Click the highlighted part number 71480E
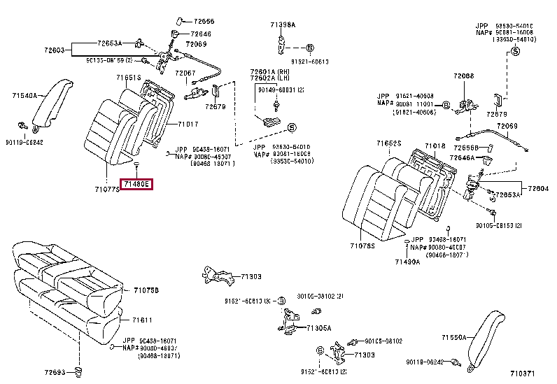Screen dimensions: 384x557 [136, 185]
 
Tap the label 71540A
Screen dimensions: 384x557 [24, 95]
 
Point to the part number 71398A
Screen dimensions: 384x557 [283, 24]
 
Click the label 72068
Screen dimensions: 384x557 [463, 76]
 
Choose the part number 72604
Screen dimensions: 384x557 [538, 189]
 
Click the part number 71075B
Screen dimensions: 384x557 [146, 290]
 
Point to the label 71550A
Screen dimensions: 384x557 [453, 337]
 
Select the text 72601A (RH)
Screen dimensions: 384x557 [269, 72]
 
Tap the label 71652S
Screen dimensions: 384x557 [388, 143]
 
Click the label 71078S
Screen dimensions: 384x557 [362, 246]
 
